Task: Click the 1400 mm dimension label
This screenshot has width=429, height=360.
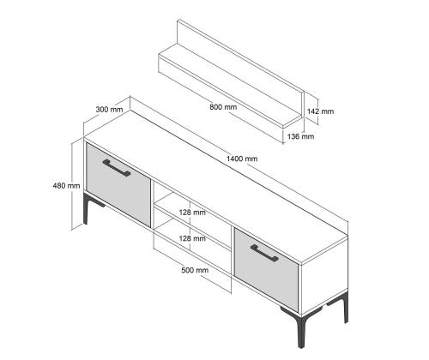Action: [x=242, y=159]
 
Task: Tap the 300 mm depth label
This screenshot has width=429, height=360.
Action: [x=109, y=110]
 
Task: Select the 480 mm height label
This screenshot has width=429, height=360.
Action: [x=66, y=186]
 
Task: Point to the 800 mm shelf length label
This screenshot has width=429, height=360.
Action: [x=223, y=107]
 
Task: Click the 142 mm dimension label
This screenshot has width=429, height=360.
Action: [x=320, y=111]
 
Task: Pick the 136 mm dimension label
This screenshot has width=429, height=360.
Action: [x=300, y=136]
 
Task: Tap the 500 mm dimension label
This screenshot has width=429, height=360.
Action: [x=195, y=270]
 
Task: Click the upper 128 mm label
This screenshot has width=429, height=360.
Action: [x=192, y=213]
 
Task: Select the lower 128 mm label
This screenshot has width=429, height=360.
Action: [x=192, y=238]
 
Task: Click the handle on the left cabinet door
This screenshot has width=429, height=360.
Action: [x=117, y=168]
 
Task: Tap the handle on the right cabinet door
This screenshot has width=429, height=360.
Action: [x=264, y=253]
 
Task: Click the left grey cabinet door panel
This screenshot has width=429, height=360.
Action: [x=118, y=185]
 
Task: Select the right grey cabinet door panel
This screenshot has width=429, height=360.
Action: [x=266, y=270]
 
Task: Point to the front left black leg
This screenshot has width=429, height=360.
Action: [x=87, y=208]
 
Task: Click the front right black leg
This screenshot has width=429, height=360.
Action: [x=300, y=328]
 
